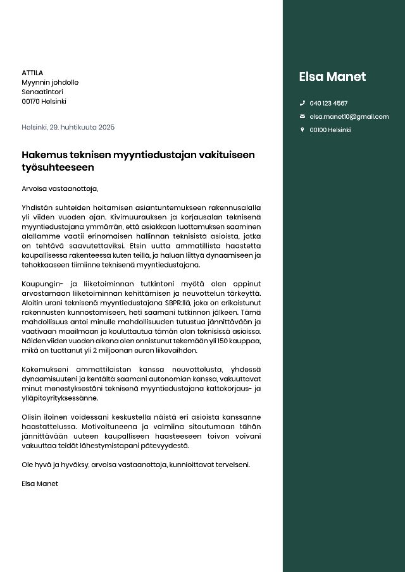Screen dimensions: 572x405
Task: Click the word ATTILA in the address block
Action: [32, 73]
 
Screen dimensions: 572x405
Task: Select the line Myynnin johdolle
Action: [50, 82]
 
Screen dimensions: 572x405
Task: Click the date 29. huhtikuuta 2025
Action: [82, 127]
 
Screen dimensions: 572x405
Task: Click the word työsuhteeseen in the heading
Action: [58, 167]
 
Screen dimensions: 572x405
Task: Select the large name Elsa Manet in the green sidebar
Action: [332, 76]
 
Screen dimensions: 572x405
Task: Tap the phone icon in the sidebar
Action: [302, 103]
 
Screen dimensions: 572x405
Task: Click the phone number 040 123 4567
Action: [328, 103]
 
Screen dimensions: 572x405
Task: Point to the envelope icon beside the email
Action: [302, 116]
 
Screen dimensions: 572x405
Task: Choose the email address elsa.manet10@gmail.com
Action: [349, 116]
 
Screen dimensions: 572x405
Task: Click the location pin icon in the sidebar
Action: [302, 130]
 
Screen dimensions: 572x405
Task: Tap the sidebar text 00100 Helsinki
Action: [330, 130]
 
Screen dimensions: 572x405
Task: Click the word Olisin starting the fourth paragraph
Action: [32, 417]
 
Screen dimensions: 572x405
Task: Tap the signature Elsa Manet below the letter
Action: [40, 484]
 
